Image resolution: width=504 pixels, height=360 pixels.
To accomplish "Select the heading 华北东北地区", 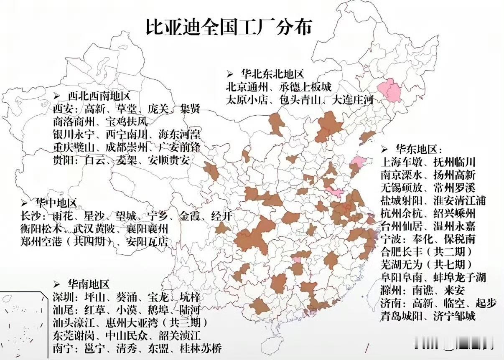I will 271,74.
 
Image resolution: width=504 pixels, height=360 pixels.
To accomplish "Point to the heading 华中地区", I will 56,203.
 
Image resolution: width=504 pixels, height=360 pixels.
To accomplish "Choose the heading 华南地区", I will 88,285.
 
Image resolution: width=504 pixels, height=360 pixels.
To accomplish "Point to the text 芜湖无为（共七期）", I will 426,264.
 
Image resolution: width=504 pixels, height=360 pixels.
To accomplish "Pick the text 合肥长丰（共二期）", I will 426,252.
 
